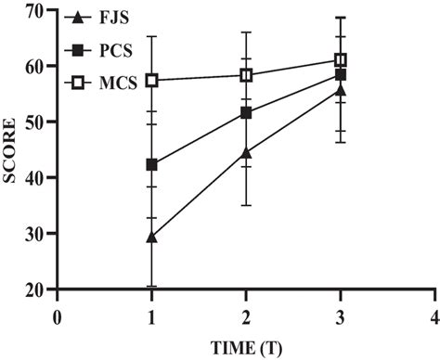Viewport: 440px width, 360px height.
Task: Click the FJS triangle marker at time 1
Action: tap(152, 237)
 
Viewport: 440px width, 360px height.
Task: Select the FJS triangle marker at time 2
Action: tap(246, 152)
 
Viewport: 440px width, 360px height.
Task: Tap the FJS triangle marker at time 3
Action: tap(341, 90)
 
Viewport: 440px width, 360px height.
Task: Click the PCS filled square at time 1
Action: tap(152, 165)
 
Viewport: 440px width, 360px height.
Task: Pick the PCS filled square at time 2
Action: tap(246, 112)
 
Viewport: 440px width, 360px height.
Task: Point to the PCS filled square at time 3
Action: tap(341, 74)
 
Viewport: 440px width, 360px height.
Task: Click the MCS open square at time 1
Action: tap(152, 81)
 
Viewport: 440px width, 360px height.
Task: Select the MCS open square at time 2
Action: tap(246, 75)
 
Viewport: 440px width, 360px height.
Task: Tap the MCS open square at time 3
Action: tap(341, 60)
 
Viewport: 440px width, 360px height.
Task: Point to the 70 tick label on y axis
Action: tap(36, 10)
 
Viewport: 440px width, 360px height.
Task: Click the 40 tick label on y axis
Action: tap(36, 177)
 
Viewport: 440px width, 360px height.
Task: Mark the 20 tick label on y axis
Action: tap(36, 289)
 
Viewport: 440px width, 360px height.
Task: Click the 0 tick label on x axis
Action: tap(58, 315)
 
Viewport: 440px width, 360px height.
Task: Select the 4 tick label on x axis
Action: tap(434, 315)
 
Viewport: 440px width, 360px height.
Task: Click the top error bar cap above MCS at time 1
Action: tap(152, 36)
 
